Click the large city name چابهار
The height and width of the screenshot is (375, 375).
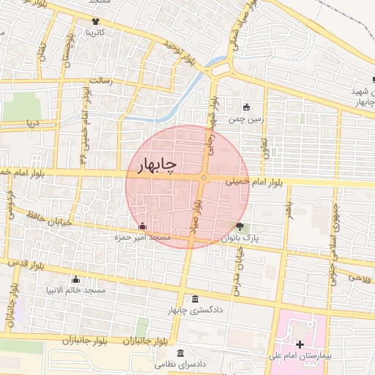[x=155, y=166]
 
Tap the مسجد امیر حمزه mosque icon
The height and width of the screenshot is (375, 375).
[x=142, y=226]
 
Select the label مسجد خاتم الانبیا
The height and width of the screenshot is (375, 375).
[x=75, y=290]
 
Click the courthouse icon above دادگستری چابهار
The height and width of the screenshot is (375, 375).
[x=194, y=299]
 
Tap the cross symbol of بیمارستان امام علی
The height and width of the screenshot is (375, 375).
[x=300, y=344]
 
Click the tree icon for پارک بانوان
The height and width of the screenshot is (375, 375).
[x=240, y=226]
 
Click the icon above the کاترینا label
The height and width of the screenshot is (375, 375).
[x=96, y=21]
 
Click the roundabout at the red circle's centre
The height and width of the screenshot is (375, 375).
[x=204, y=179]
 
